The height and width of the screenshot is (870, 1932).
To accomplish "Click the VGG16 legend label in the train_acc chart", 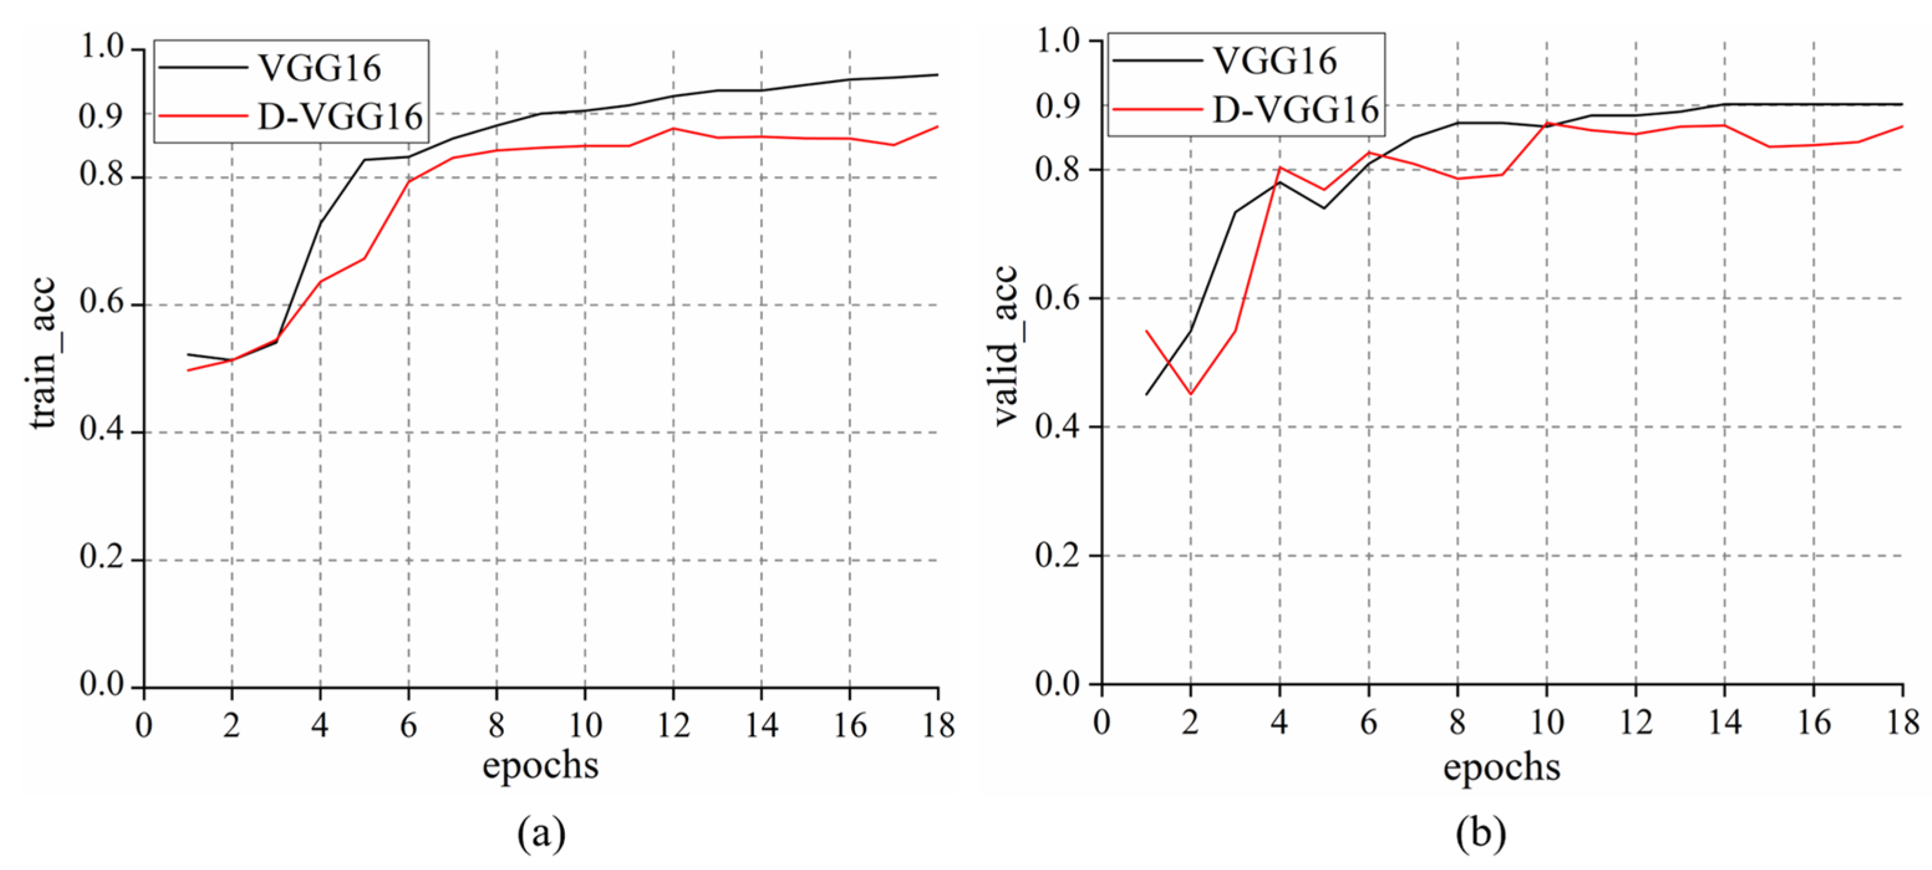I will (319, 68).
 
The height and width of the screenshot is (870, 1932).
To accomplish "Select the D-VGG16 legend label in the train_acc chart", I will (340, 117).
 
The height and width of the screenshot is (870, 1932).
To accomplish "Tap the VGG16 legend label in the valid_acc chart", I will (1275, 61).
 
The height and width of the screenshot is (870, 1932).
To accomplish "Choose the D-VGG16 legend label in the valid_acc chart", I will (1295, 110).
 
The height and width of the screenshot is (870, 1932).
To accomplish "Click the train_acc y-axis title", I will (42, 352).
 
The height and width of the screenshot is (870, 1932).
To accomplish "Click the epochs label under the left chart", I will (540, 765).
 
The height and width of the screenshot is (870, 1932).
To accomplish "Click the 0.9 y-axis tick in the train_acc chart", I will (101, 116).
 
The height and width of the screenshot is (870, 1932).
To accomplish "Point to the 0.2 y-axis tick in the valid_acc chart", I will (1057, 556).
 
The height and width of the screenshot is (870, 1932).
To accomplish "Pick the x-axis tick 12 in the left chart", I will (673, 725).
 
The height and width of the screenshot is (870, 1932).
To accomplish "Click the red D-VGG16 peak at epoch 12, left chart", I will (673, 128).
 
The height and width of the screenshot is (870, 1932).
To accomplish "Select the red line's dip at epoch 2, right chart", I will (1190, 395).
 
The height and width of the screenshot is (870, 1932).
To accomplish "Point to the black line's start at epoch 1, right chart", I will (1146, 395).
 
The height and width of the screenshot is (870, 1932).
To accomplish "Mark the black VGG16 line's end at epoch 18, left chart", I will (938, 74).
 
